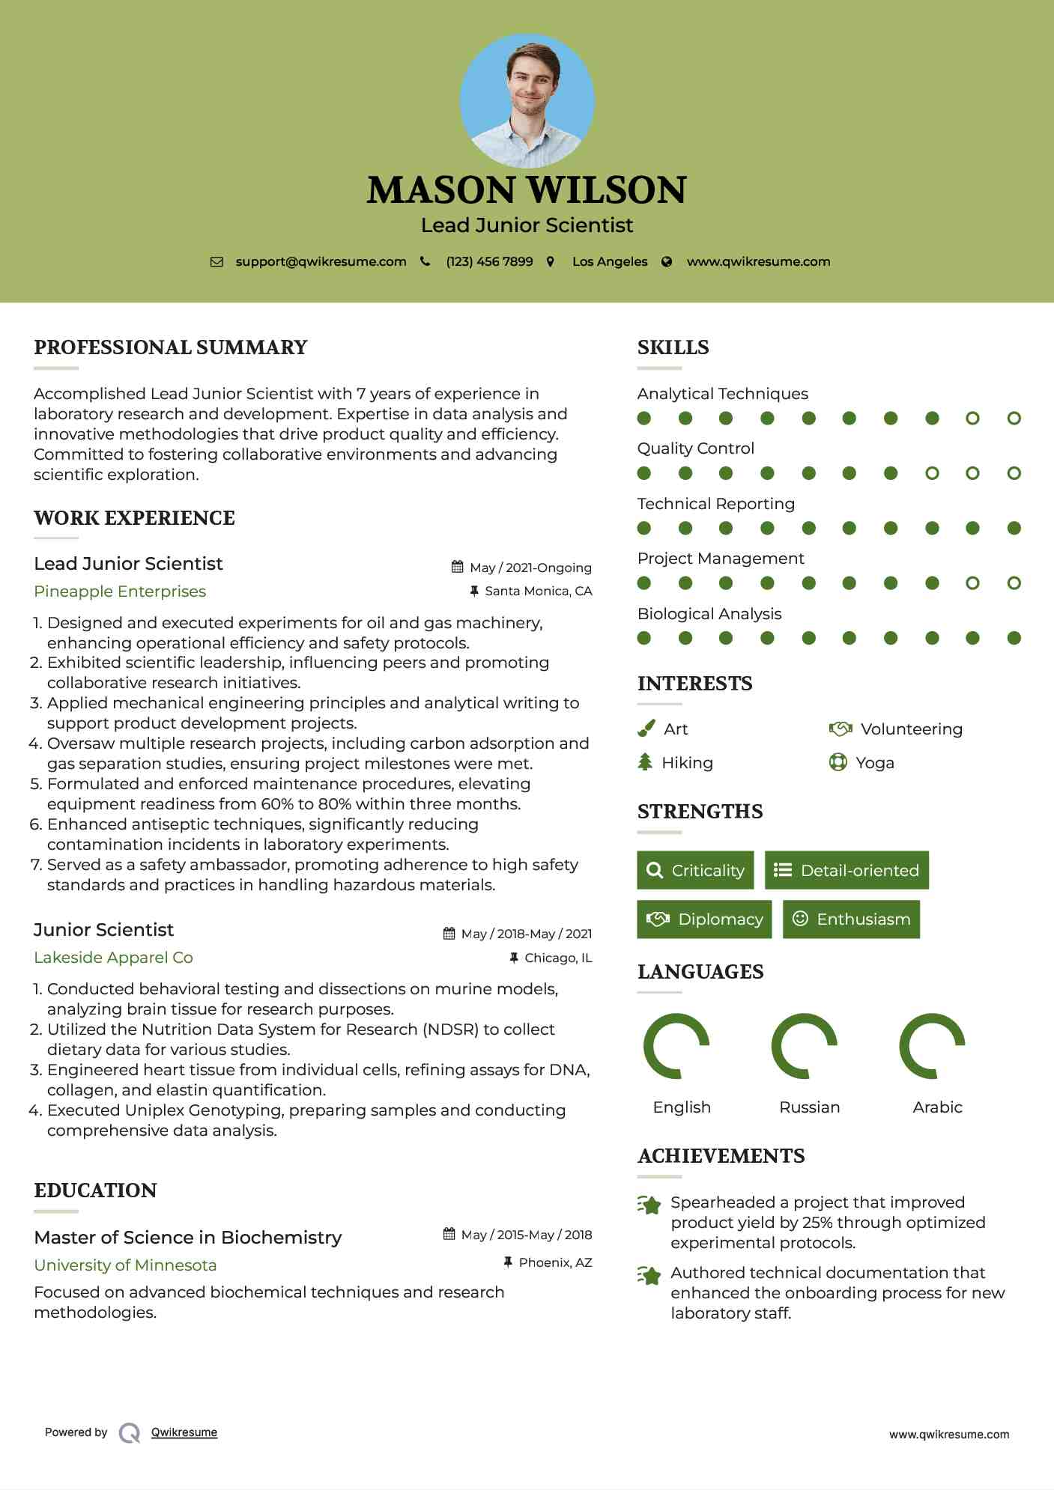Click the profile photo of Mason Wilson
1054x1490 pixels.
(527, 100)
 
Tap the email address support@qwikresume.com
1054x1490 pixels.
(321, 262)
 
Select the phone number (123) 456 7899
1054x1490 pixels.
(489, 262)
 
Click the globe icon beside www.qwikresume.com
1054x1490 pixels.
(667, 262)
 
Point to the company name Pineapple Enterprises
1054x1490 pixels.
(120, 592)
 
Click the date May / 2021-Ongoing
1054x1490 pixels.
(530, 568)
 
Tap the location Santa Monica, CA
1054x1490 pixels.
(538, 592)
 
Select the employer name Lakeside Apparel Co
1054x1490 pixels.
(113, 958)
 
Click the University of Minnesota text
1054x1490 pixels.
(125, 1265)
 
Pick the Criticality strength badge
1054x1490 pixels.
(695, 870)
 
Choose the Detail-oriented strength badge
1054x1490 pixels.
(846, 870)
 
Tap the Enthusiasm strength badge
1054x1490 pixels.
(851, 919)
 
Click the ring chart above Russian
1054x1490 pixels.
(804, 1046)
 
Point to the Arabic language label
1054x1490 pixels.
(937, 1107)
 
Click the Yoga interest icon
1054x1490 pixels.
(838, 763)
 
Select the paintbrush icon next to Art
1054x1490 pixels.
(646, 729)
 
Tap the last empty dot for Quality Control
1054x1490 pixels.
(1014, 473)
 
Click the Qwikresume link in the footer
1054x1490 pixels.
(184, 1432)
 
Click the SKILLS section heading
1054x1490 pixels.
(673, 347)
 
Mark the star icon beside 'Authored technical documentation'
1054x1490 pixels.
(649, 1275)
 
